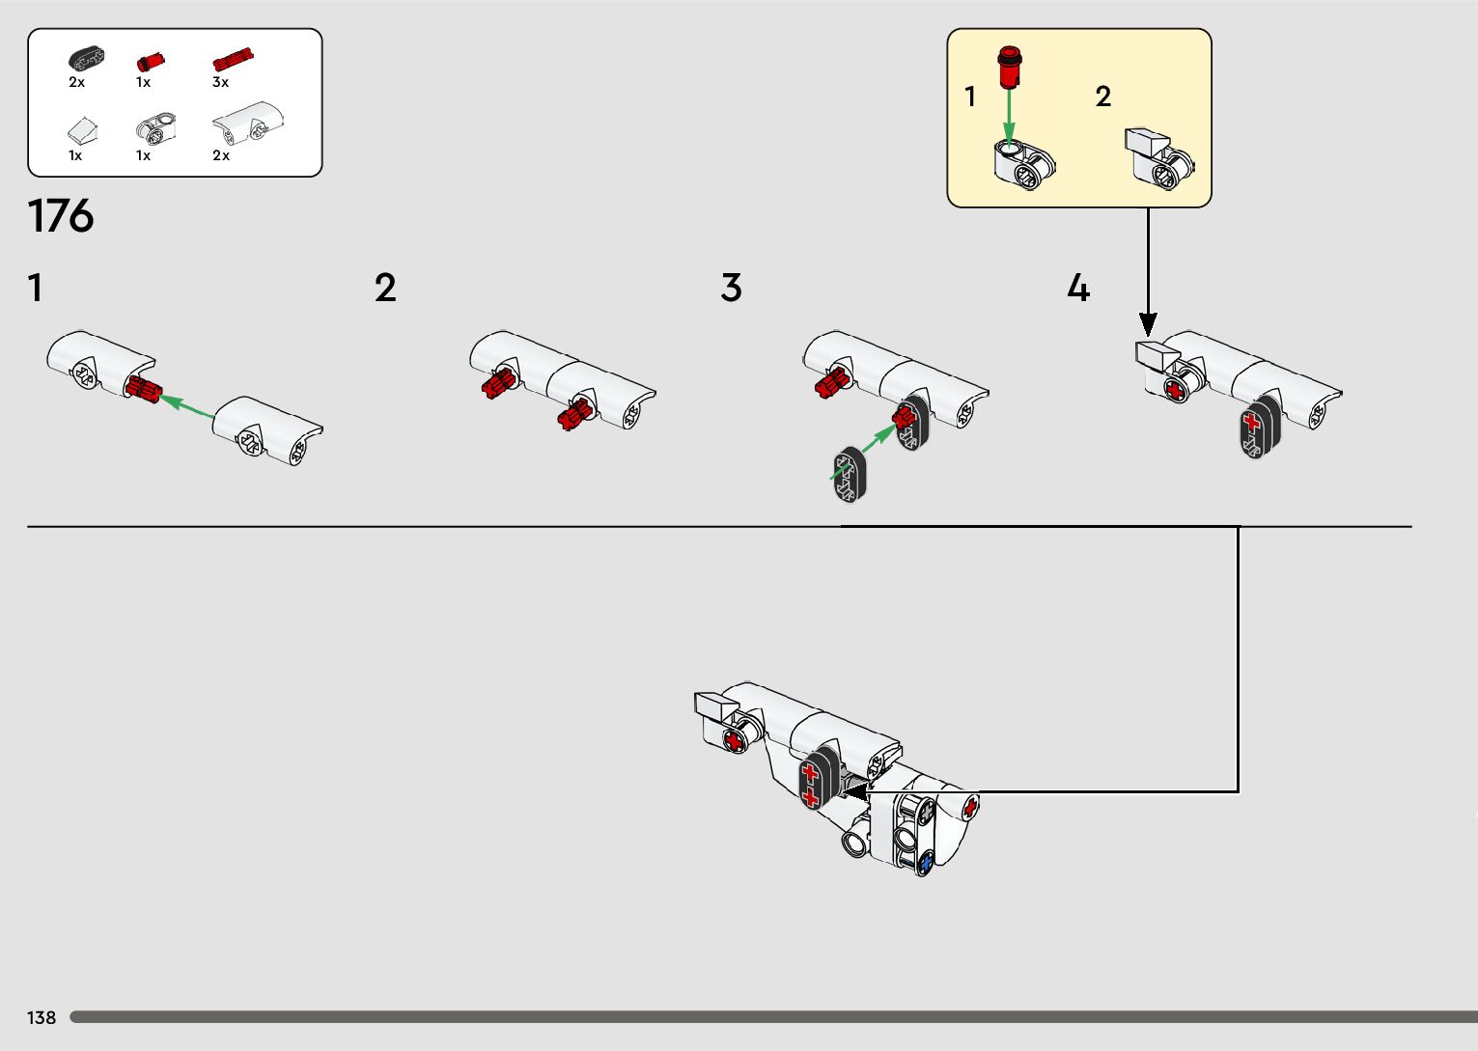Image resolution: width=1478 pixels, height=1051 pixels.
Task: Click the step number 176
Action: click(x=61, y=216)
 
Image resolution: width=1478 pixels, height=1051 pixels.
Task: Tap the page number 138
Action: click(x=42, y=1017)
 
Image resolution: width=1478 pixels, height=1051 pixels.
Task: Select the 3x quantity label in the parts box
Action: click(x=221, y=83)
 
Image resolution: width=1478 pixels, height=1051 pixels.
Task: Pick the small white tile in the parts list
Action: click(x=82, y=129)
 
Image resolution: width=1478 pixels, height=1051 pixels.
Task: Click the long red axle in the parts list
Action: click(x=233, y=60)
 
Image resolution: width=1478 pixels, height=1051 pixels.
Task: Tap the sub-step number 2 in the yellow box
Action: click(x=1103, y=97)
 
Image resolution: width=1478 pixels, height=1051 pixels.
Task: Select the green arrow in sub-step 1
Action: click(x=186, y=405)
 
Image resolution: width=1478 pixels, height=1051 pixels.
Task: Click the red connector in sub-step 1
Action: click(x=143, y=389)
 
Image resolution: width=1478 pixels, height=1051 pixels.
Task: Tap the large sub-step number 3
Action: click(x=731, y=288)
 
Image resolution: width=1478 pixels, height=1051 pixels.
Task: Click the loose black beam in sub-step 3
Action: click(x=851, y=475)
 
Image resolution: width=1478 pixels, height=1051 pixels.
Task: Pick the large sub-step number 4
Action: click(x=1078, y=288)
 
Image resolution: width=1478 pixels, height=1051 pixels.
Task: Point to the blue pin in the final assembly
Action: click(x=926, y=861)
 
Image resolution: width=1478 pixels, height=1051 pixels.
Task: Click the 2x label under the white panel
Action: click(x=221, y=155)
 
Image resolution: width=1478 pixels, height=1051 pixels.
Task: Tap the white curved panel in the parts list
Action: click(x=248, y=123)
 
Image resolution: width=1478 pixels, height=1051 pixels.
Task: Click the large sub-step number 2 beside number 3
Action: click(x=385, y=288)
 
